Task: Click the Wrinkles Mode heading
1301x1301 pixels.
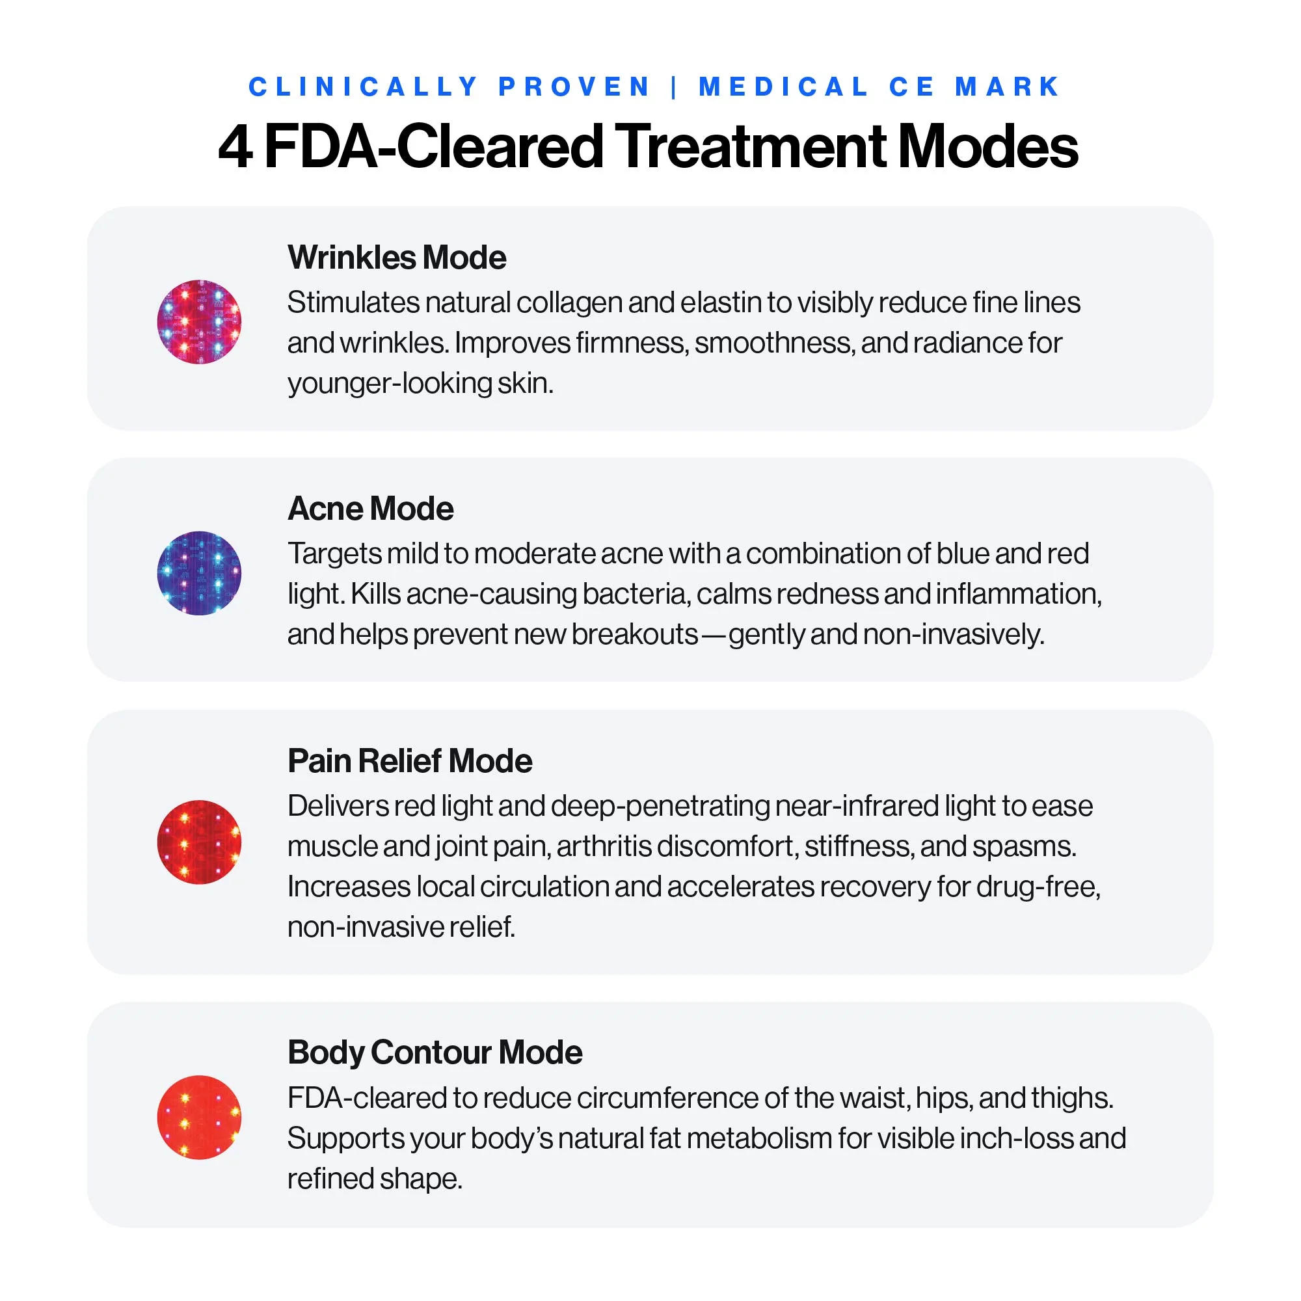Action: click(x=397, y=257)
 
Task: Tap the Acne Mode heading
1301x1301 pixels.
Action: click(x=370, y=509)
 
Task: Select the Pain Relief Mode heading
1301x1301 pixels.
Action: click(x=409, y=761)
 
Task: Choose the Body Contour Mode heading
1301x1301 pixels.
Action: click(x=435, y=1053)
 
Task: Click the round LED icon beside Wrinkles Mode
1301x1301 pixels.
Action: click(x=199, y=322)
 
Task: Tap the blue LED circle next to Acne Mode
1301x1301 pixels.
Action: click(x=199, y=573)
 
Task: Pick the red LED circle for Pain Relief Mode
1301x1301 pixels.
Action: click(x=199, y=842)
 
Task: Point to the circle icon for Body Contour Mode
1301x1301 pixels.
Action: click(x=199, y=1117)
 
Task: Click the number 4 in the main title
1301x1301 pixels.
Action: click(x=235, y=147)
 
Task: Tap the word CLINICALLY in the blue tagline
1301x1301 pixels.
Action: click(x=364, y=87)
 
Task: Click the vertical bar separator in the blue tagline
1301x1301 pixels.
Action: click(x=674, y=87)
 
